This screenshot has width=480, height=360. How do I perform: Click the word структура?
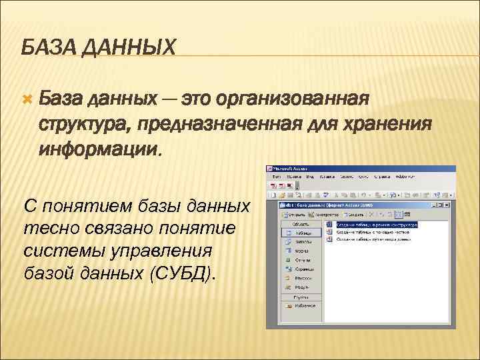83,124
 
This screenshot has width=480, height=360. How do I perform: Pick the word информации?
99,148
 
